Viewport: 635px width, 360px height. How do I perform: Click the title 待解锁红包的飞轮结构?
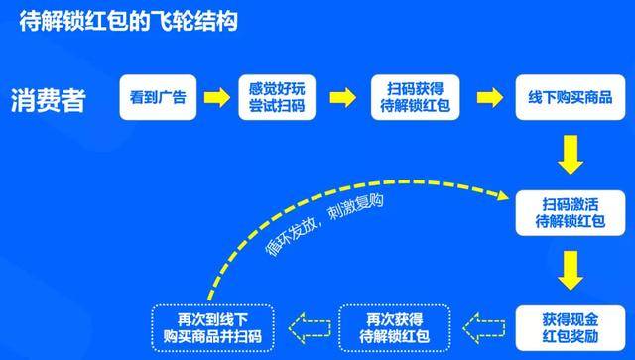(x=129, y=22)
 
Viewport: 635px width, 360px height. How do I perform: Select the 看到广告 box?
(x=157, y=97)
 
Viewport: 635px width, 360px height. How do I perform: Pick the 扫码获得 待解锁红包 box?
(x=415, y=97)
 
